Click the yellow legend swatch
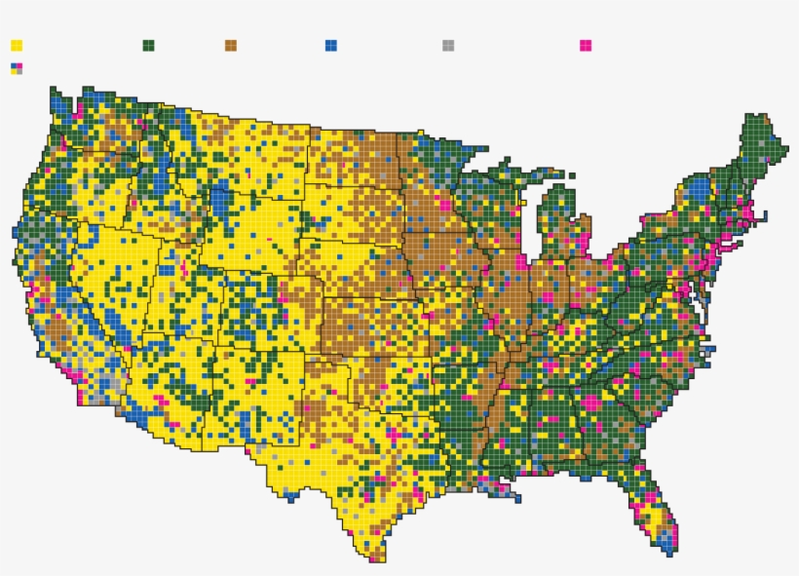17,45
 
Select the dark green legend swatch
149,45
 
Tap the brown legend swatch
231,45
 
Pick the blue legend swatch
331,45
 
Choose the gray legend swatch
448,45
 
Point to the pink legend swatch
586,45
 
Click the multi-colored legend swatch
17,68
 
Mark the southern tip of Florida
669,549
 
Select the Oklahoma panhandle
336,355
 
